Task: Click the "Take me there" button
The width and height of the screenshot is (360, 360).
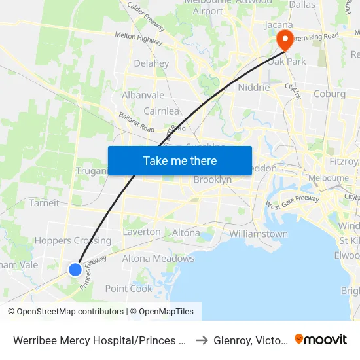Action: click(180, 160)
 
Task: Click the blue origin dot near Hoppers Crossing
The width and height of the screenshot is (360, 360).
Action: click(75, 269)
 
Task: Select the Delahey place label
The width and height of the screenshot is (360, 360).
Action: click(151, 64)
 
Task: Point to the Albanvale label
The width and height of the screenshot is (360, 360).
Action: click(143, 95)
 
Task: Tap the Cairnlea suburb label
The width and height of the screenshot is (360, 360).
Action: click(161, 111)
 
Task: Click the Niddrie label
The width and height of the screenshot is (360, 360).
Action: click(254, 87)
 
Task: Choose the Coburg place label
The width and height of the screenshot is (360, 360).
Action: click(329, 94)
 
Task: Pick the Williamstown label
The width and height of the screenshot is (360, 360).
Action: click(259, 234)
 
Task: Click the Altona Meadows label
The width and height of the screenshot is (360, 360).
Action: click(158, 259)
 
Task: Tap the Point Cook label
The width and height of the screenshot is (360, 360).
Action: click(128, 289)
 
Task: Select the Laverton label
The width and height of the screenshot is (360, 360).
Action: click(141, 232)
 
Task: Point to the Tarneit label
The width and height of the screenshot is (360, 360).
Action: click(44, 203)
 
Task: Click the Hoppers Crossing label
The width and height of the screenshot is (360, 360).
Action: click(73, 241)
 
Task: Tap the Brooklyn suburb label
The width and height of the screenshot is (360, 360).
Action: click(213, 180)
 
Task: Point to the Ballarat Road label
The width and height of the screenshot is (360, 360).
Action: click(136, 122)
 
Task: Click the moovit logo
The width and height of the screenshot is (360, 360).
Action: click(321, 339)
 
